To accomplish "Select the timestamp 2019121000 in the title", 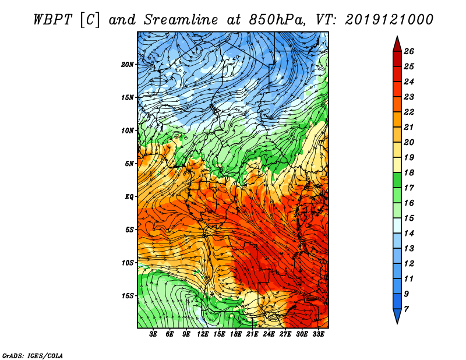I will pos(389,19).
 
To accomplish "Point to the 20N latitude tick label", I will pos(128,64).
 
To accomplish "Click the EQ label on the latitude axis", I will pos(129,196).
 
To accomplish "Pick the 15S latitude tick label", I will pos(128,295).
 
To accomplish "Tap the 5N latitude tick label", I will pos(129,163).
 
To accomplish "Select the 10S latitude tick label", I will pos(128,263).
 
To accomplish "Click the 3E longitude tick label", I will pos(154,334).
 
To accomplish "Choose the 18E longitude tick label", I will pos(236,334).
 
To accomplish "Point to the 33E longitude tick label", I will pos(318,334).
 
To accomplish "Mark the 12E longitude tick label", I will pos(203,334).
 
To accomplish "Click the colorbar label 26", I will pos(409,51).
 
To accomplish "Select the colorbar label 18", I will pos(409,173).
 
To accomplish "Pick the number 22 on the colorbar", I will pos(409,112).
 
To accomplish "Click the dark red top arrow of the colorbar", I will pos(396,43).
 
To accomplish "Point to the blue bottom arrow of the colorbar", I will pos(396,316).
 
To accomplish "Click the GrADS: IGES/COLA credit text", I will pos(32,355).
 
